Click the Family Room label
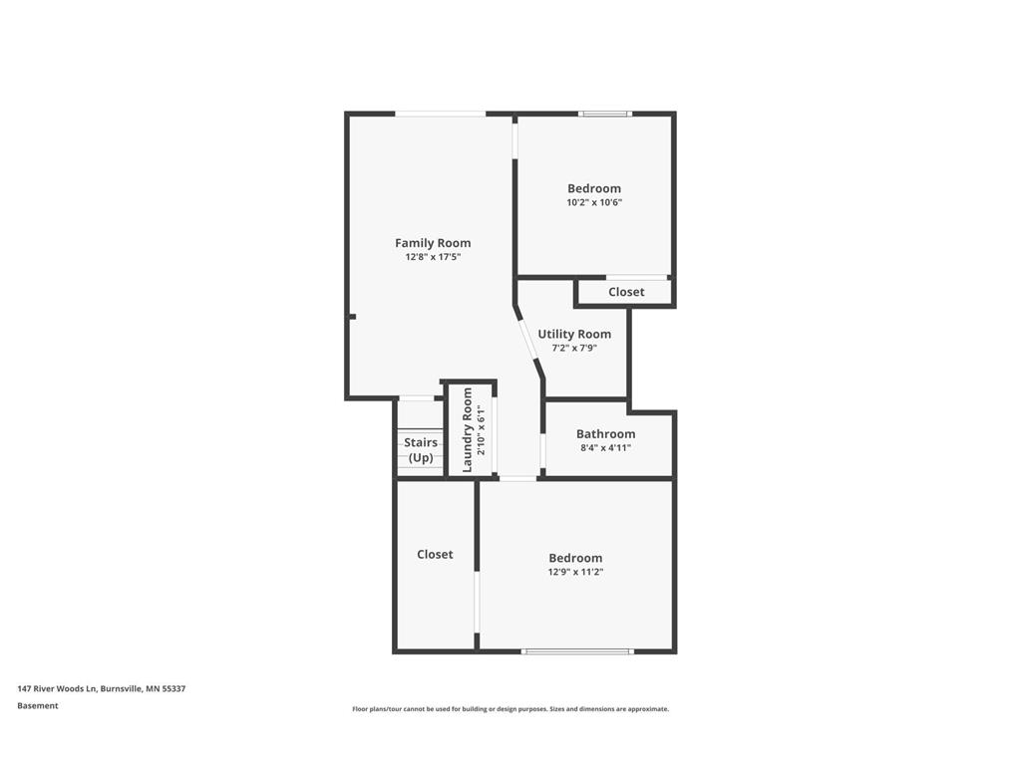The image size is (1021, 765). (x=433, y=243)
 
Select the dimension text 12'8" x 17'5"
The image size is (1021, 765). (x=433, y=257)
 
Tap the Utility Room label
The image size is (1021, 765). (x=574, y=334)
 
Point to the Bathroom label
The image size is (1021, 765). (x=605, y=434)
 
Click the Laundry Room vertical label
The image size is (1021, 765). (x=467, y=430)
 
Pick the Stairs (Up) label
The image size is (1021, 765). (x=421, y=449)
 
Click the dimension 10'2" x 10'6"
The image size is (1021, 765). (x=594, y=202)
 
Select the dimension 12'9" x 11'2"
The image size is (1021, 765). (x=575, y=572)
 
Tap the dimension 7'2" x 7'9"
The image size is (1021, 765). (x=574, y=348)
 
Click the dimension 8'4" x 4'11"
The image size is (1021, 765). (x=605, y=447)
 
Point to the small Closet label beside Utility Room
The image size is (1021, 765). (x=626, y=292)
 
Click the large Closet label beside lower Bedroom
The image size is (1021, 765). (x=435, y=554)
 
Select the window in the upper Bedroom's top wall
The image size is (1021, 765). (x=605, y=114)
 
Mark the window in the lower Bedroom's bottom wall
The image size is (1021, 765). (x=577, y=651)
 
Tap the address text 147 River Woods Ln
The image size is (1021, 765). (x=57, y=688)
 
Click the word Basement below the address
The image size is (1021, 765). (x=38, y=706)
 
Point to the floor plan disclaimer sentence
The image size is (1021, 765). (x=510, y=709)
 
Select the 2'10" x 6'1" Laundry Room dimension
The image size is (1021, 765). (x=482, y=430)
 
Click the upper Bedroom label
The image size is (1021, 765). (x=594, y=188)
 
